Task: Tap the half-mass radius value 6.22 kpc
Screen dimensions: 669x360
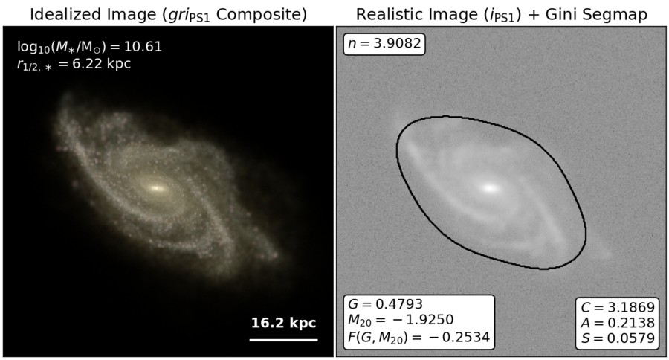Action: click(102, 64)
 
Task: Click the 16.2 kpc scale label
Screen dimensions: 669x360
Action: click(283, 323)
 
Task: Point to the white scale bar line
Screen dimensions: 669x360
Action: click(284, 340)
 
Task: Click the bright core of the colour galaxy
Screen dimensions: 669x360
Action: click(156, 188)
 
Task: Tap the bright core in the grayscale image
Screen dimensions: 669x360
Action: click(491, 188)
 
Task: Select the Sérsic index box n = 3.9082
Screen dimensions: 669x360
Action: click(384, 44)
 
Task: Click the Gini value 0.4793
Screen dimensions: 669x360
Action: click(399, 304)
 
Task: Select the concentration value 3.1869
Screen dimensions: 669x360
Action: click(630, 307)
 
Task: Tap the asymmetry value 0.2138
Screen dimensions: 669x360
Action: click(630, 322)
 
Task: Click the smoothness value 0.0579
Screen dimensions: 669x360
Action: click(630, 338)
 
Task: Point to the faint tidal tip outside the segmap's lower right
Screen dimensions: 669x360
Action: click(602, 253)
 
